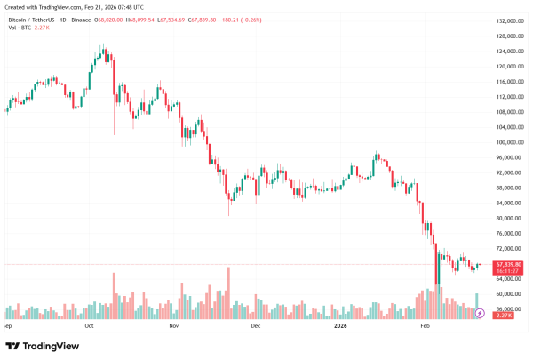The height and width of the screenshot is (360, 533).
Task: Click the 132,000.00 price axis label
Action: pos(507,20)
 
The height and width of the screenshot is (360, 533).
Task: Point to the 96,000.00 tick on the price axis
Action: pos(507,157)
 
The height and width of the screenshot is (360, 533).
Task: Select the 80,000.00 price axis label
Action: pos(507,219)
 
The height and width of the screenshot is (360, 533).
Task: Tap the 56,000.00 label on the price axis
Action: pos(507,309)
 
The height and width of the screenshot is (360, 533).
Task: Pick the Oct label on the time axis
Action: pos(89,327)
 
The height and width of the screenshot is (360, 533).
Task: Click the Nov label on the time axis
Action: pos(174,327)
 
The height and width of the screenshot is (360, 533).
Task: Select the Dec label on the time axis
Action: pos(256,327)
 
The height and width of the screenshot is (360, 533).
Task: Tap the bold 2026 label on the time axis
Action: pos(339,327)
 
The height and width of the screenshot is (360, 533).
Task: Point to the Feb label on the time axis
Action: pos(425,327)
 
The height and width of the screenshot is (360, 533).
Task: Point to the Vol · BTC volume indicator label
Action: pos(20,28)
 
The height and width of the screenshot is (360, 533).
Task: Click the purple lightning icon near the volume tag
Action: pos(481,313)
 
